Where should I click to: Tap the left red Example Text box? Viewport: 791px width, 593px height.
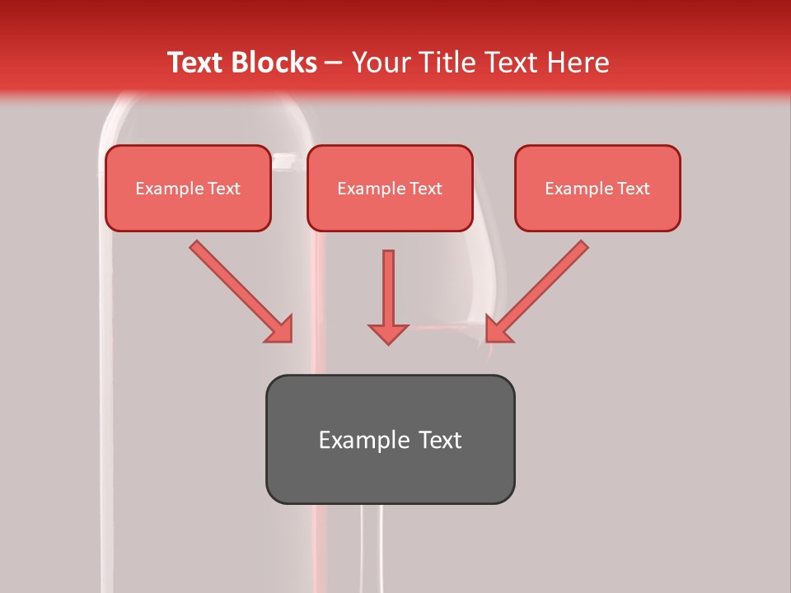click(x=188, y=189)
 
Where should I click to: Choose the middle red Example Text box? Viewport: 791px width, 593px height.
click(x=390, y=189)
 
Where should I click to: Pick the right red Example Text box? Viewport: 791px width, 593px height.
click(x=597, y=189)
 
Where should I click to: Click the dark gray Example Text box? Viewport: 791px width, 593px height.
click(x=390, y=439)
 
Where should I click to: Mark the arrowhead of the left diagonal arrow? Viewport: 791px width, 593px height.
click(x=280, y=329)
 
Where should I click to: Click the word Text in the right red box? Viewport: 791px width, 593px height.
click(x=633, y=189)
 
